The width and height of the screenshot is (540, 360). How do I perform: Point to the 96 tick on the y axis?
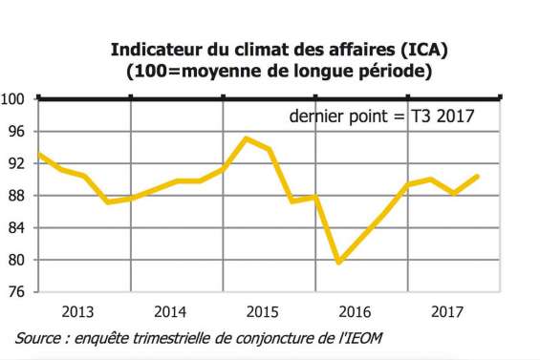16,131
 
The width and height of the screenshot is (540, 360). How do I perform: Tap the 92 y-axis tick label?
16,163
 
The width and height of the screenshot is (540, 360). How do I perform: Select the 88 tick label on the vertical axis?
16,196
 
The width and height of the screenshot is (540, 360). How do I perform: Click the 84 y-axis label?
16,228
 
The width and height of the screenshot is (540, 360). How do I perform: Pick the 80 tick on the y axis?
16,260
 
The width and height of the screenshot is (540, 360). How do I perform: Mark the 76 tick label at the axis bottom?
16,292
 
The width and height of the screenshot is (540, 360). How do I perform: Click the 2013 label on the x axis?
77,311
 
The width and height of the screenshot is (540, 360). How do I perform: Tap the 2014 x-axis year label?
169,311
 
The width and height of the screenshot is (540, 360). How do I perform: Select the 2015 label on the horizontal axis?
262,311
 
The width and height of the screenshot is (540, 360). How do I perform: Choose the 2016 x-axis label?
355,311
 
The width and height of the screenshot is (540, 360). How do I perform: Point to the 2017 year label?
446,311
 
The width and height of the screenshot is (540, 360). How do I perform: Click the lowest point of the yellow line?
339,262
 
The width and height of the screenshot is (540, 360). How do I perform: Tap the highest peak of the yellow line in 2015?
247,138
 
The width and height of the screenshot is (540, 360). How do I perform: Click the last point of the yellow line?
478,176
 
